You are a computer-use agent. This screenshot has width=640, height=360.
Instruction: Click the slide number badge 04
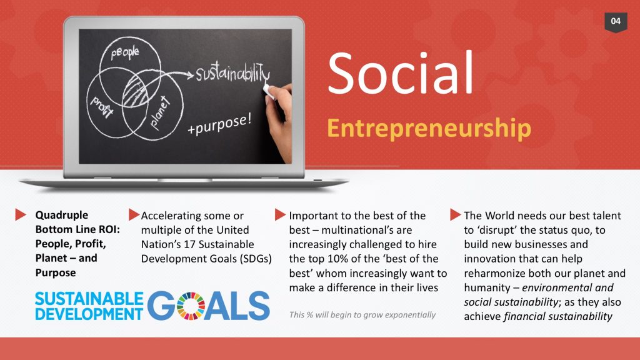[616, 21]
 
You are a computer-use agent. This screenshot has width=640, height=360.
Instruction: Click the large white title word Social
[401, 74]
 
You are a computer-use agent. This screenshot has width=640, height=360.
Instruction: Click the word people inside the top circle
[125, 54]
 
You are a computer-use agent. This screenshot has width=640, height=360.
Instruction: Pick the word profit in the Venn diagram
[101, 108]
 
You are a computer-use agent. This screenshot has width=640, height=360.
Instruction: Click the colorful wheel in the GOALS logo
[191, 306]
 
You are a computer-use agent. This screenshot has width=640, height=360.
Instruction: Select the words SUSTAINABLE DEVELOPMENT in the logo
[89, 306]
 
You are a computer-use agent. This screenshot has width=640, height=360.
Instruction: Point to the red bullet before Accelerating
[133, 215]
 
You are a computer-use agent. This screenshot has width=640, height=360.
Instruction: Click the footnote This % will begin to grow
[362, 314]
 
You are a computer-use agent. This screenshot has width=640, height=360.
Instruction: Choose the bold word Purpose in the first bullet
[56, 273]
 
